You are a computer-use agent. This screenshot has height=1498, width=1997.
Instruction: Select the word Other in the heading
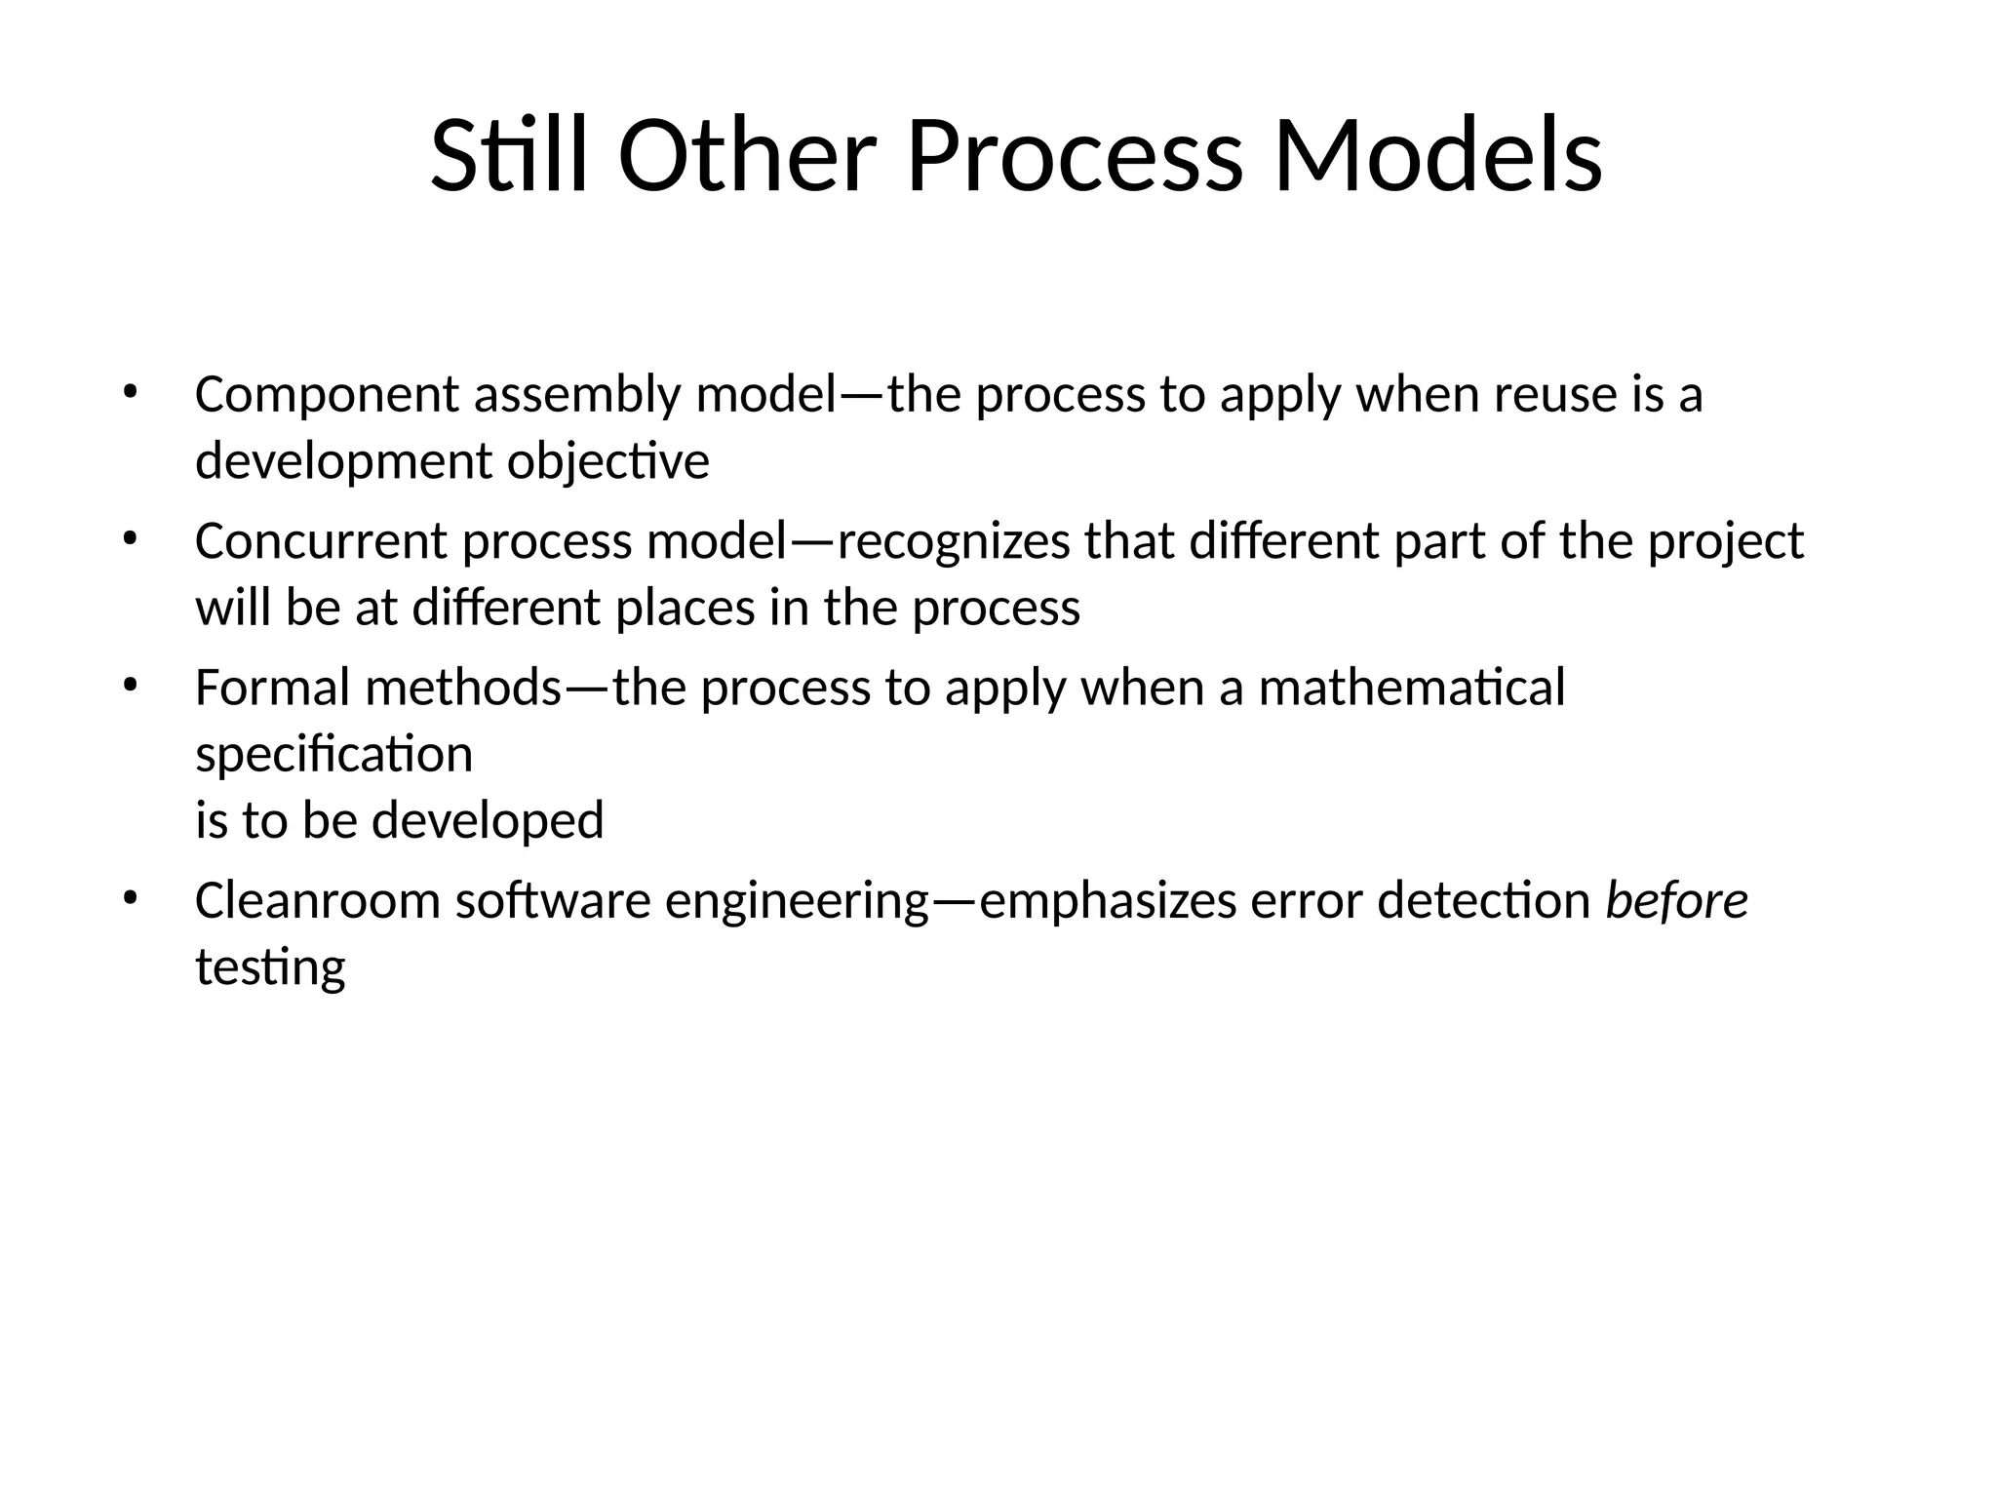click(x=747, y=156)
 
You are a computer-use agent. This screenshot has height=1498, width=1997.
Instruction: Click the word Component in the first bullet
click(x=327, y=396)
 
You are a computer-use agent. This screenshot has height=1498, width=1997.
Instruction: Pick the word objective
click(x=607, y=462)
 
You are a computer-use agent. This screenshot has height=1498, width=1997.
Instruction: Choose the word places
click(x=685, y=609)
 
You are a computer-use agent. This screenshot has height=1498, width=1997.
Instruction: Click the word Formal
click(x=272, y=688)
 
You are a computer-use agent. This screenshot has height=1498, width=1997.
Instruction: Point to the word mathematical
click(x=1411, y=688)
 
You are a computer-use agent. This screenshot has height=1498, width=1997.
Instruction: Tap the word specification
click(x=333, y=755)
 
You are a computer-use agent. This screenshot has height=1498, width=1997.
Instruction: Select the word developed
click(x=488, y=820)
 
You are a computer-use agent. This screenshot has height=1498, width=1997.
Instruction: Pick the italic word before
click(x=1676, y=900)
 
